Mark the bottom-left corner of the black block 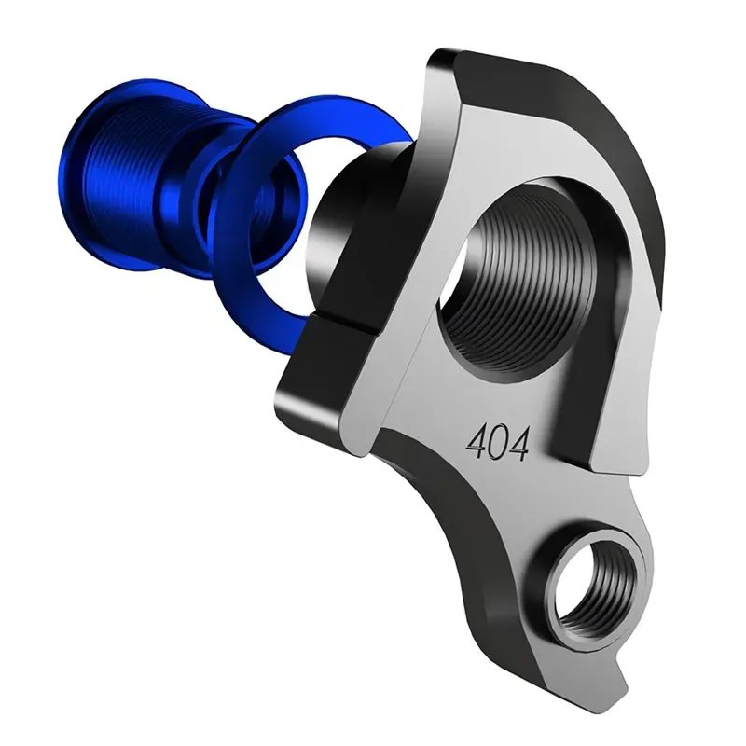[280, 410]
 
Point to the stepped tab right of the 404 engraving [615, 448]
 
